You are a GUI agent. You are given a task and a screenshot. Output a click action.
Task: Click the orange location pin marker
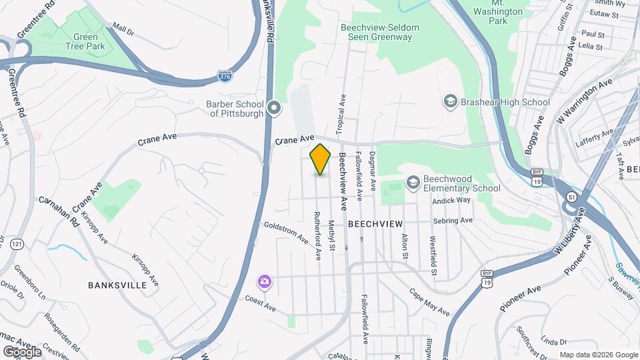tap(321, 159)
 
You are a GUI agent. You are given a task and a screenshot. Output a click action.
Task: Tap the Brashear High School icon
tap(450, 102)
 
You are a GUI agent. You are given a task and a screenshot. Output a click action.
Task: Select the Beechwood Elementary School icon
tap(413, 183)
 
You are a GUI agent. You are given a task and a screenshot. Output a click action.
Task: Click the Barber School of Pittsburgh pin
tap(274, 108)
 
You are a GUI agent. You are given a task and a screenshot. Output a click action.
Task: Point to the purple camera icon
tap(265, 282)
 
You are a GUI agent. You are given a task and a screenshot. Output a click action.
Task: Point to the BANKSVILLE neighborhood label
tap(117, 285)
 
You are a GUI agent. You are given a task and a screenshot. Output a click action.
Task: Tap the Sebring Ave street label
tap(451, 220)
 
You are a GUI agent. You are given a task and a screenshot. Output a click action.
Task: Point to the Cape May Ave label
tap(429, 302)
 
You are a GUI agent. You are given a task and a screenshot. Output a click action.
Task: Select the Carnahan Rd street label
tap(59, 210)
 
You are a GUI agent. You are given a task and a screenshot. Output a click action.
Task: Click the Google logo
tap(22, 351)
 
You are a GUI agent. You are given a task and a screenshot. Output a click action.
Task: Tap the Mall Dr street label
tap(123, 30)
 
